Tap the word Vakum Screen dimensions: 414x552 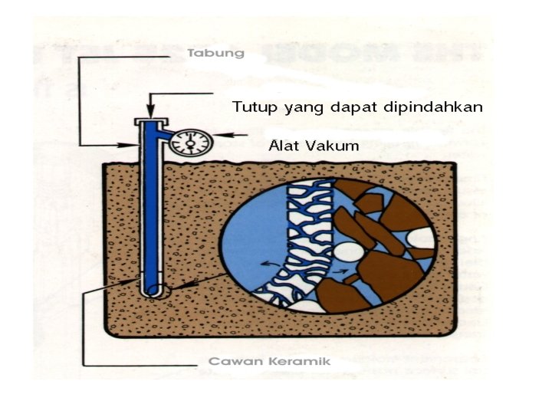336,145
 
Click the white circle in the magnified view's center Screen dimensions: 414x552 348,251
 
